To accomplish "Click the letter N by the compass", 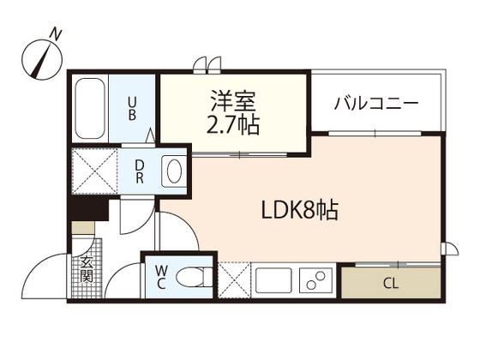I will tap(56, 33).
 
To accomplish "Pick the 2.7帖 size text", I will tap(233, 125).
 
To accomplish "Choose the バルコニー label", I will tap(375, 104).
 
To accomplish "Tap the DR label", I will tap(139, 171).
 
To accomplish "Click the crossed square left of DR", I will tap(94, 171).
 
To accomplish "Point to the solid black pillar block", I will tap(87, 209).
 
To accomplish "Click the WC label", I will tap(161, 278).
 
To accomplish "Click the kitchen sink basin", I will tap(274, 280).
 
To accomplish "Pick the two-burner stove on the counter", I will tap(315, 280).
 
